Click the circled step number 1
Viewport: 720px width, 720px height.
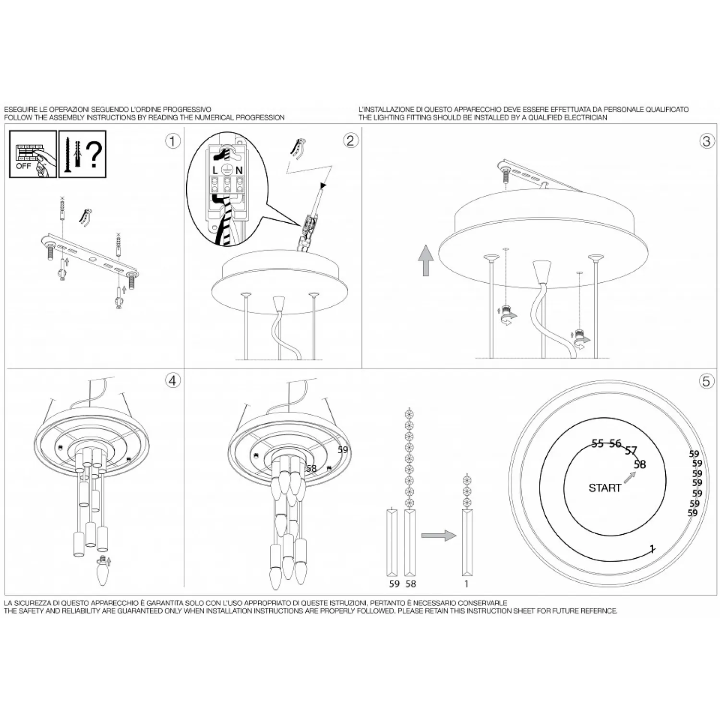tap(172, 141)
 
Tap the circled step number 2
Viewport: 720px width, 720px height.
tap(350, 140)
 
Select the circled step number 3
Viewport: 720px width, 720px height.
tap(706, 141)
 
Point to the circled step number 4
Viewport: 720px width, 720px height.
tap(172, 381)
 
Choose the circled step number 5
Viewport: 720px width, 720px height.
tap(706, 381)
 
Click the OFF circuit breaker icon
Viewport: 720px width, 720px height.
tap(33, 154)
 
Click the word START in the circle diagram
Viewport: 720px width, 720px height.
tap(605, 488)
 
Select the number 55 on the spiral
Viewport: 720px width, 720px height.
tap(598, 444)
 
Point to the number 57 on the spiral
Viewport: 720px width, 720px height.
tap(631, 451)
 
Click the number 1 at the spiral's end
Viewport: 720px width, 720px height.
tap(652, 549)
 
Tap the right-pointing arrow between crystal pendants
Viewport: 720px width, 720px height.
tap(439, 535)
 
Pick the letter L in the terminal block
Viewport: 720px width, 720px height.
tap(215, 170)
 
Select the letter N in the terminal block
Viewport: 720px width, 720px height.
tap(239, 170)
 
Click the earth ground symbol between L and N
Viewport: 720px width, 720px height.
tap(227, 169)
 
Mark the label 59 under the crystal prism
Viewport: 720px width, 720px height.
tap(394, 584)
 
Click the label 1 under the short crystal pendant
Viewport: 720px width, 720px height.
tap(466, 584)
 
